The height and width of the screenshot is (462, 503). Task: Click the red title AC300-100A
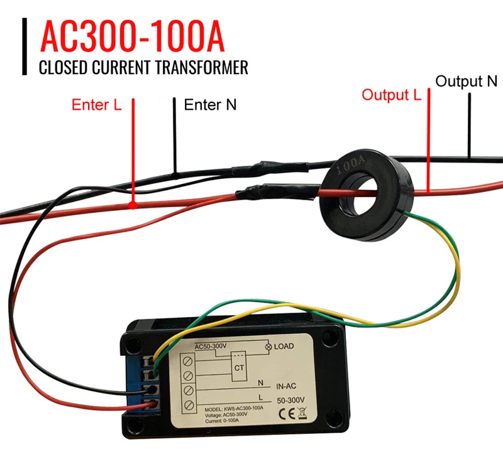(x=132, y=38)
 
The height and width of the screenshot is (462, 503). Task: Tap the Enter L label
(x=96, y=105)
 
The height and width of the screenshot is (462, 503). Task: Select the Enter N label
(x=210, y=105)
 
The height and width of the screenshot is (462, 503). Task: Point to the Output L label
(x=391, y=95)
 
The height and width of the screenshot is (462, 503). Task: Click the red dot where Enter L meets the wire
(x=134, y=205)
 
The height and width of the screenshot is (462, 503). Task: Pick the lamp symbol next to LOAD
(x=269, y=346)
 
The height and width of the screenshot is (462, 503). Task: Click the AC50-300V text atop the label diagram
(x=214, y=346)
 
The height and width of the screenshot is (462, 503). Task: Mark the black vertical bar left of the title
(x=26, y=47)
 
